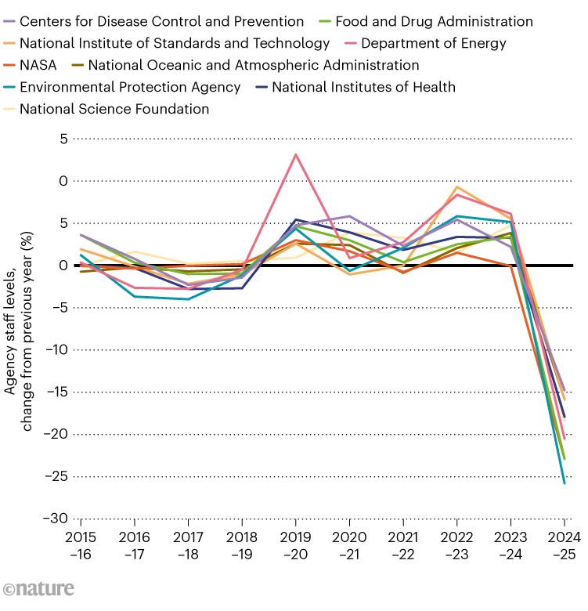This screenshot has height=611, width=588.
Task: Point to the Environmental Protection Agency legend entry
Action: (x=129, y=87)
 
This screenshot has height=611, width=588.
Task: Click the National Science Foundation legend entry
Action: (x=114, y=109)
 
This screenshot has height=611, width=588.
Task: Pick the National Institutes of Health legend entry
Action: (x=363, y=87)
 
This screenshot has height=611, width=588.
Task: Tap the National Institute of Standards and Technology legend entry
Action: (x=174, y=43)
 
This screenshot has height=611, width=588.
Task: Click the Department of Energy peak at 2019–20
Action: (x=295, y=154)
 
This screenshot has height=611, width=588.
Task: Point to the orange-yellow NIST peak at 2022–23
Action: (x=456, y=187)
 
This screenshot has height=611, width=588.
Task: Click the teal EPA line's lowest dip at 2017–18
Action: (x=188, y=299)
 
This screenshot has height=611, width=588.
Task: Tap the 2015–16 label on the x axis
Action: (x=80, y=544)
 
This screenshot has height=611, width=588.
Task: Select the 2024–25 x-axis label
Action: (x=564, y=544)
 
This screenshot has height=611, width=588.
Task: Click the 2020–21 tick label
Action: (x=349, y=544)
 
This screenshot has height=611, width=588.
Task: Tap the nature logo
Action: (x=39, y=589)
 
